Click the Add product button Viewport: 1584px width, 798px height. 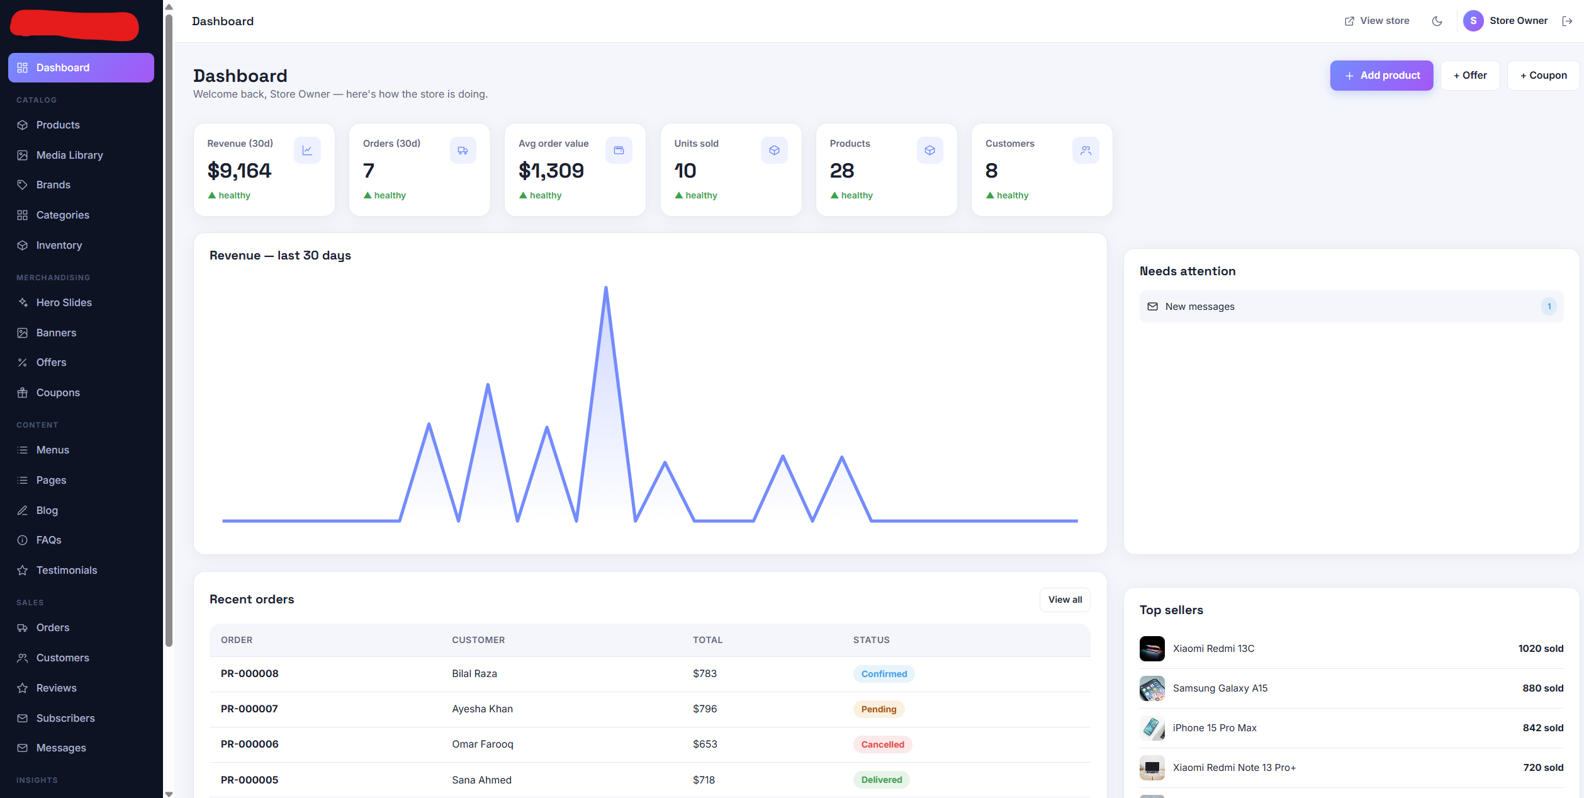[1381, 76]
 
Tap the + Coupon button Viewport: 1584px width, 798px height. [1543, 76]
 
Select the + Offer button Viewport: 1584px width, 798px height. [1470, 76]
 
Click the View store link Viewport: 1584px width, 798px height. [1377, 21]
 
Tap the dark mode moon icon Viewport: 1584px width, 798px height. [1437, 21]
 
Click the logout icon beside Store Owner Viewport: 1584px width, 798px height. [1567, 21]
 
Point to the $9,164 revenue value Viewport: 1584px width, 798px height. [239, 171]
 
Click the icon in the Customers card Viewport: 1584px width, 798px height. [1086, 151]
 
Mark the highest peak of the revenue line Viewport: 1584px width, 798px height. [605, 287]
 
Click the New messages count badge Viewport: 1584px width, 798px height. [1549, 307]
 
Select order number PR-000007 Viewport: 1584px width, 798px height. [249, 709]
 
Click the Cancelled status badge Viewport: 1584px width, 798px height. [882, 744]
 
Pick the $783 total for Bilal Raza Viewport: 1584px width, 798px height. [705, 673]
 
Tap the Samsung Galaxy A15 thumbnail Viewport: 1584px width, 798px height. [1152, 688]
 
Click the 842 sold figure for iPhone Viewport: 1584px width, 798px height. [1542, 728]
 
